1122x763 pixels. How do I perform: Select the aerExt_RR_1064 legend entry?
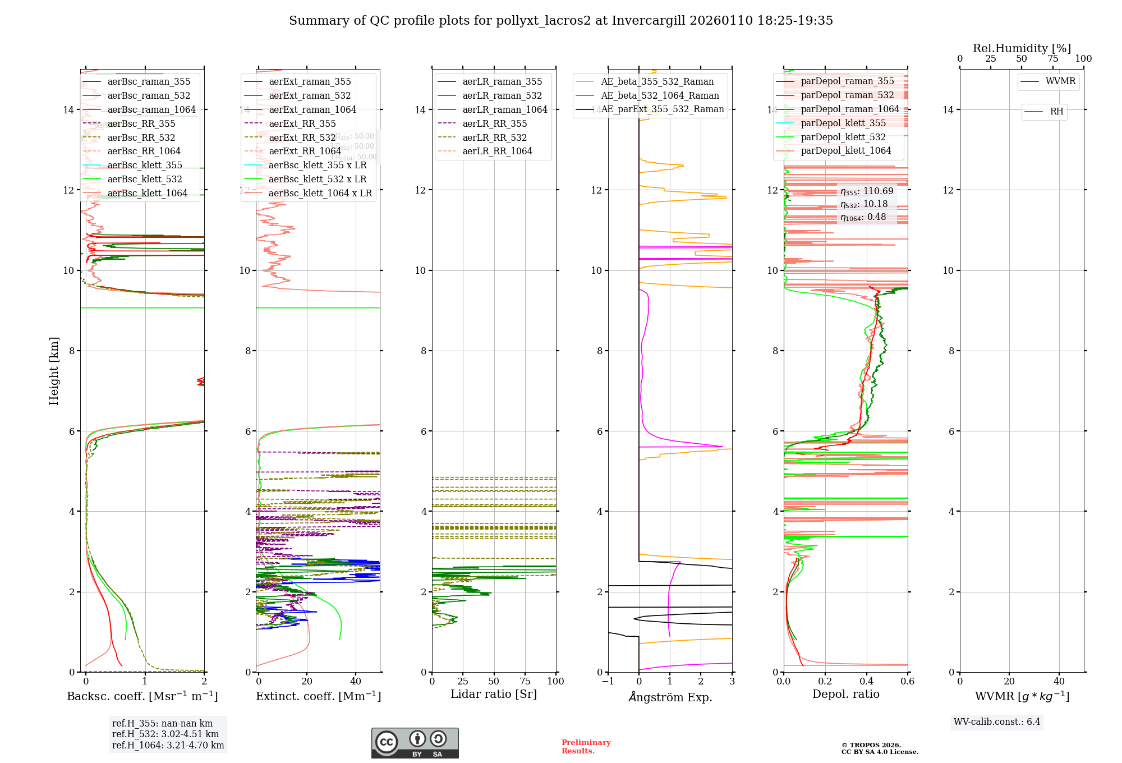click(305, 151)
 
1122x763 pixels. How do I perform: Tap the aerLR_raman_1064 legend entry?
click(504, 110)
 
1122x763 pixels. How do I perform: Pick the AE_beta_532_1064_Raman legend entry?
click(659, 96)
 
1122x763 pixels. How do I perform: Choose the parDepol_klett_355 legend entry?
click(843, 123)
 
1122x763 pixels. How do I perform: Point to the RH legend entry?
click(1056, 112)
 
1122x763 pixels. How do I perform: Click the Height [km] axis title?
click(54, 370)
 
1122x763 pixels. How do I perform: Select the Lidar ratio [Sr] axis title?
click(494, 695)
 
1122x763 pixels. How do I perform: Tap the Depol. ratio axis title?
click(845, 695)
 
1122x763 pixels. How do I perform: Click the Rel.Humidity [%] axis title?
click(1022, 48)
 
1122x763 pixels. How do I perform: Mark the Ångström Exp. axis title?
click(670, 697)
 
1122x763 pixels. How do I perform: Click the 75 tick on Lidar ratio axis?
click(525, 682)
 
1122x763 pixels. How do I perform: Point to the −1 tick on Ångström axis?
click(608, 682)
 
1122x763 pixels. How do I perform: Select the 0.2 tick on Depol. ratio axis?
click(825, 682)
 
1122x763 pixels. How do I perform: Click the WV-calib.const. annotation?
click(996, 722)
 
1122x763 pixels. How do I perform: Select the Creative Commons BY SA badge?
click(415, 743)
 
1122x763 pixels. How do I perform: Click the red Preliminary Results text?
click(586, 747)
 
